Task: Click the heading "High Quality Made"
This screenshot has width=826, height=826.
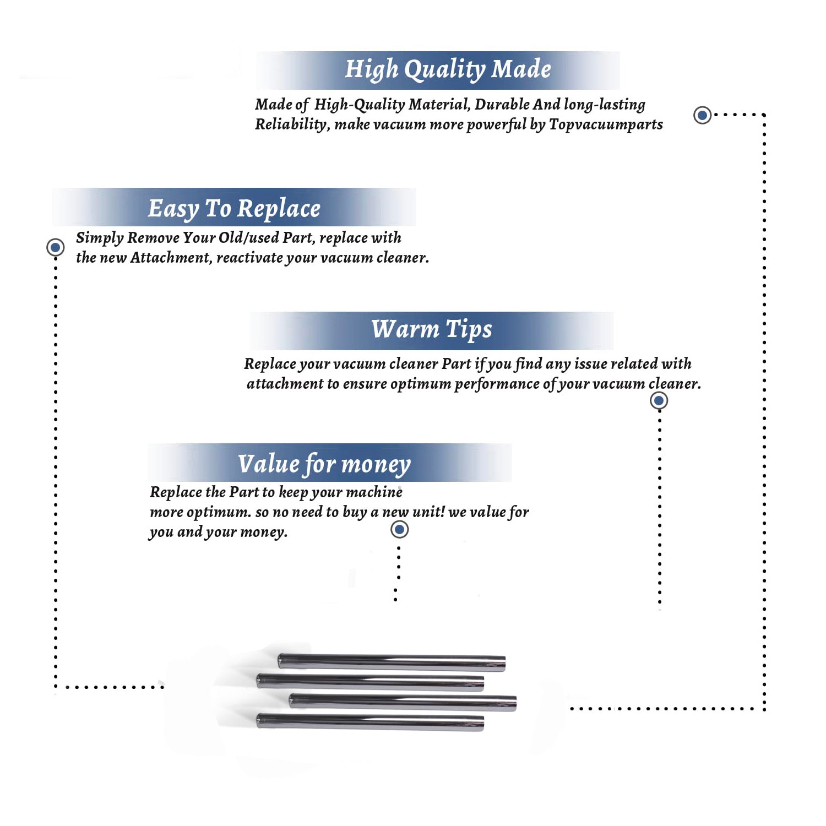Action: (448, 70)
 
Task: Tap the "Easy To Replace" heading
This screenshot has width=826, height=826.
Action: (234, 209)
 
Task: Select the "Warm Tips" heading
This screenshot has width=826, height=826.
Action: (432, 329)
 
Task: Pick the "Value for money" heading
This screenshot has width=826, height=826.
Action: (324, 464)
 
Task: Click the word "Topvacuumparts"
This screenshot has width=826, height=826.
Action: (606, 124)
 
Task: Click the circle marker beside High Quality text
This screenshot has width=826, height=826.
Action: (702, 115)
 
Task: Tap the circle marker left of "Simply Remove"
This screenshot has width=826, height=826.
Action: (55, 247)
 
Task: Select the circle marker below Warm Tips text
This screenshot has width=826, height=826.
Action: (659, 400)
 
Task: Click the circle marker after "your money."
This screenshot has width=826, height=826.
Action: (399, 530)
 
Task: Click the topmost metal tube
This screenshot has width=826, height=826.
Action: (392, 661)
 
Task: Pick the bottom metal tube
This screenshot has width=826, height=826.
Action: (370, 721)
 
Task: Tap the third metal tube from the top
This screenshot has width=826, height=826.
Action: (403, 702)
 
